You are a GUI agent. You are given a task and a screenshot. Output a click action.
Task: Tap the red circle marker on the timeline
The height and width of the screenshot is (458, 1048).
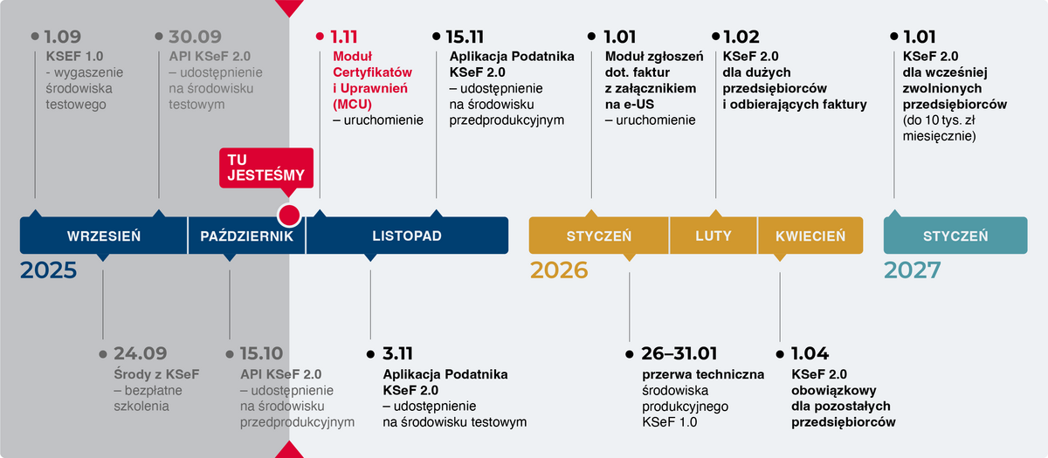[x=288, y=215]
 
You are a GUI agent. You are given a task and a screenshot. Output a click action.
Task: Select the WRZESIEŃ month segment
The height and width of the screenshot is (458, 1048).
[x=104, y=236]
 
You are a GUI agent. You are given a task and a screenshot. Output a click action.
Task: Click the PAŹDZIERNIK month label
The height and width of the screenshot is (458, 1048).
[x=246, y=236]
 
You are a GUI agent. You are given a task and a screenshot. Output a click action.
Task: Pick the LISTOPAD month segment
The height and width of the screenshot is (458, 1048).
[x=407, y=236]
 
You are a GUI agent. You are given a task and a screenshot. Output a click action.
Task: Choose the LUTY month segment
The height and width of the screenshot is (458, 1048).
[x=714, y=236]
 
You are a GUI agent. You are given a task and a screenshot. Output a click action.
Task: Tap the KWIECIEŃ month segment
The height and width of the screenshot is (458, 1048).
[x=810, y=236]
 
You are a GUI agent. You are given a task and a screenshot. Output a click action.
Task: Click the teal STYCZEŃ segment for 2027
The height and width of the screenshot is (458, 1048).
[x=955, y=236]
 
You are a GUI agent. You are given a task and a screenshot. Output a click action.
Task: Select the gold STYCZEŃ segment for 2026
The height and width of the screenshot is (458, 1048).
[x=599, y=236]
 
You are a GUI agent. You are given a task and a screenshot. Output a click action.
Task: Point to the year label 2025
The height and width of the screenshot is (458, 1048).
[x=49, y=270]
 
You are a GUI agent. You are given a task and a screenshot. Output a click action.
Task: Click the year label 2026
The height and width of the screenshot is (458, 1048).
[x=559, y=270]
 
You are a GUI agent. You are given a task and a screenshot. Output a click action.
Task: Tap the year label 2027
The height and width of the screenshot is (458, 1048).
[x=912, y=270]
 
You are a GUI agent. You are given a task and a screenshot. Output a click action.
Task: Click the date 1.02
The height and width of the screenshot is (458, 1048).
[x=741, y=38]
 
